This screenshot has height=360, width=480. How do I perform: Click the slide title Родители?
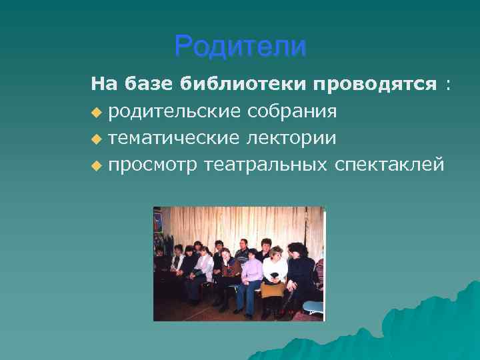pos(240,47)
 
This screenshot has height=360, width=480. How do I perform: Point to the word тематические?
pos(172,138)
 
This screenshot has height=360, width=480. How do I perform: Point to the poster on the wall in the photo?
pos(158,220)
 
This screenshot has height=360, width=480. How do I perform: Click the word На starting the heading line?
pos(103,85)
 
